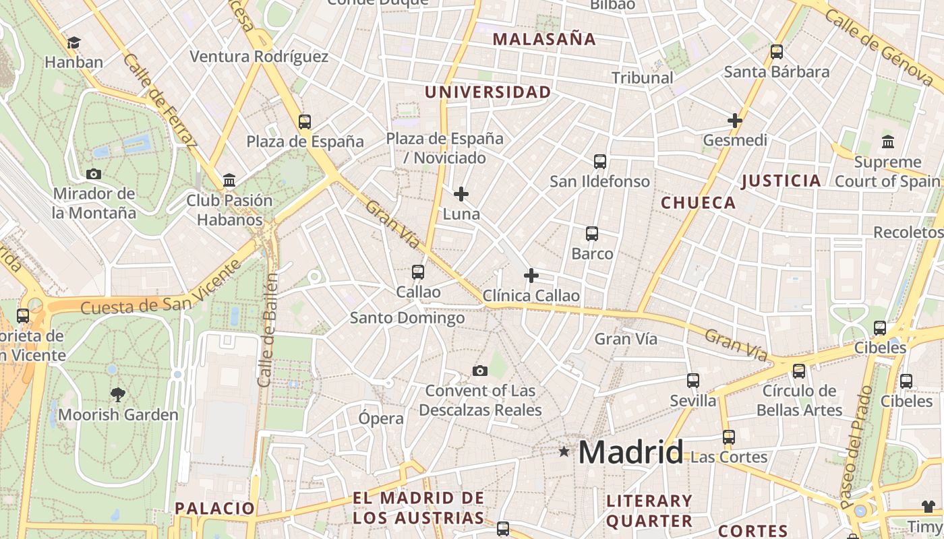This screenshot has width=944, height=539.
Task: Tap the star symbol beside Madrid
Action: [x=564, y=451]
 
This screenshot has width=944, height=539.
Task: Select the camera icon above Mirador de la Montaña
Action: [x=94, y=174]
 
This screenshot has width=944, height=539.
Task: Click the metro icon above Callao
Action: [x=418, y=272]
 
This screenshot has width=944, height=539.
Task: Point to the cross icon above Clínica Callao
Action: [x=531, y=276]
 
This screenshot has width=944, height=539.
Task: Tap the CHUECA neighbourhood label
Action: [x=698, y=203]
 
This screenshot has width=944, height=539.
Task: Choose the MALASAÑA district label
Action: [x=544, y=39]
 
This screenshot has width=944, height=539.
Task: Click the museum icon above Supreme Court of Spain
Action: [x=887, y=142]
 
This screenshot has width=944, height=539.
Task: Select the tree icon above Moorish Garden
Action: [x=118, y=394]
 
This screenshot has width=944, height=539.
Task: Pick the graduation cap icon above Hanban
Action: [x=73, y=42]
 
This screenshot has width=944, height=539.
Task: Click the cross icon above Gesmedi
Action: [x=735, y=121]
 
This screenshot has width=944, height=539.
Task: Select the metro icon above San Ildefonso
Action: [x=600, y=162]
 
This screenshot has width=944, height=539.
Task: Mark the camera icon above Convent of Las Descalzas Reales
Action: [x=480, y=371]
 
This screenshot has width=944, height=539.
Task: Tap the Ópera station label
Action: [x=381, y=418]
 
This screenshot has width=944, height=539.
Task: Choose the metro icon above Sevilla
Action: [x=693, y=381]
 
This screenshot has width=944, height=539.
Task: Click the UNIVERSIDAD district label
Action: [x=488, y=92]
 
